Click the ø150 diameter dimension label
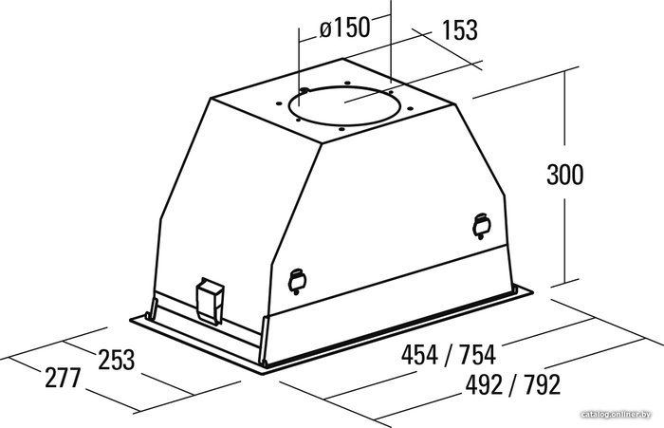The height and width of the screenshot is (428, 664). [x=344, y=28]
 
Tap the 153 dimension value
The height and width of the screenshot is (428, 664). [x=460, y=30]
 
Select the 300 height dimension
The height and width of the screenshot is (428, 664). [x=565, y=175]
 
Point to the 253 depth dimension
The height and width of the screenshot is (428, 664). [x=117, y=360]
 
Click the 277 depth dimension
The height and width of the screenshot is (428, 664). [x=63, y=378]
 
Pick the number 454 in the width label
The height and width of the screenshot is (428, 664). [x=419, y=355]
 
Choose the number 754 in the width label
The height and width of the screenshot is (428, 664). [x=477, y=355]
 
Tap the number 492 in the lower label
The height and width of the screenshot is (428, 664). [x=484, y=384]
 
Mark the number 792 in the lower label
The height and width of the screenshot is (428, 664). [x=542, y=384]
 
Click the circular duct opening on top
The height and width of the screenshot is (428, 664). [x=343, y=124]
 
